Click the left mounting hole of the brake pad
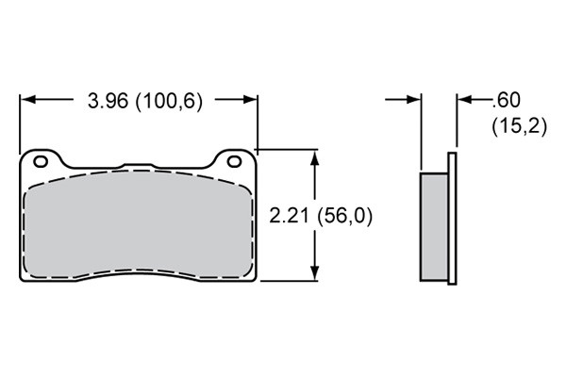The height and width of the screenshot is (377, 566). pyautogui.click(x=41, y=161)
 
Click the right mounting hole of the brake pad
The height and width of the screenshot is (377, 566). pyautogui.click(x=234, y=161)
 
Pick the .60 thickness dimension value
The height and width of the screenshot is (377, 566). pyautogui.click(x=507, y=100)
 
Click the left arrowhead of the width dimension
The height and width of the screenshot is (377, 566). pyautogui.click(x=27, y=99)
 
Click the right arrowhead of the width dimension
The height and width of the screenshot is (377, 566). pyautogui.click(x=250, y=99)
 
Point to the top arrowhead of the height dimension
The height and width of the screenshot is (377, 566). pyautogui.click(x=315, y=158)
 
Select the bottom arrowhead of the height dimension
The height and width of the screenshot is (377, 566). pyautogui.click(x=315, y=272)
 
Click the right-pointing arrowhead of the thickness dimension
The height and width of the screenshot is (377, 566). pyautogui.click(x=413, y=99)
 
